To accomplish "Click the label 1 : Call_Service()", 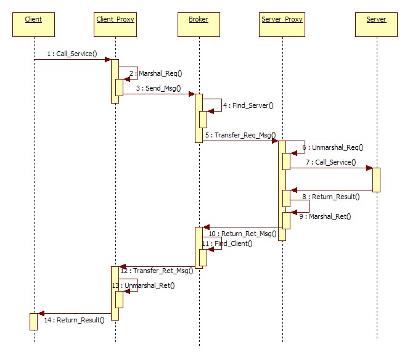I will pyautogui.click(x=73, y=54).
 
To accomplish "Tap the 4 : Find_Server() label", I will pyautogui.click(x=248, y=105).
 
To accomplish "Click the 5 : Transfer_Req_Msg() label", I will pyautogui.click(x=240, y=134).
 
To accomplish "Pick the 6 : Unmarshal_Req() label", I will pyautogui.click(x=332, y=147).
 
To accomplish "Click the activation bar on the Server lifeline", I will pyautogui.click(x=376, y=179).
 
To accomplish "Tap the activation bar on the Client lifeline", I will pyautogui.click(x=33, y=321).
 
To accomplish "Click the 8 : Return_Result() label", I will pyautogui.click(x=330, y=197).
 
